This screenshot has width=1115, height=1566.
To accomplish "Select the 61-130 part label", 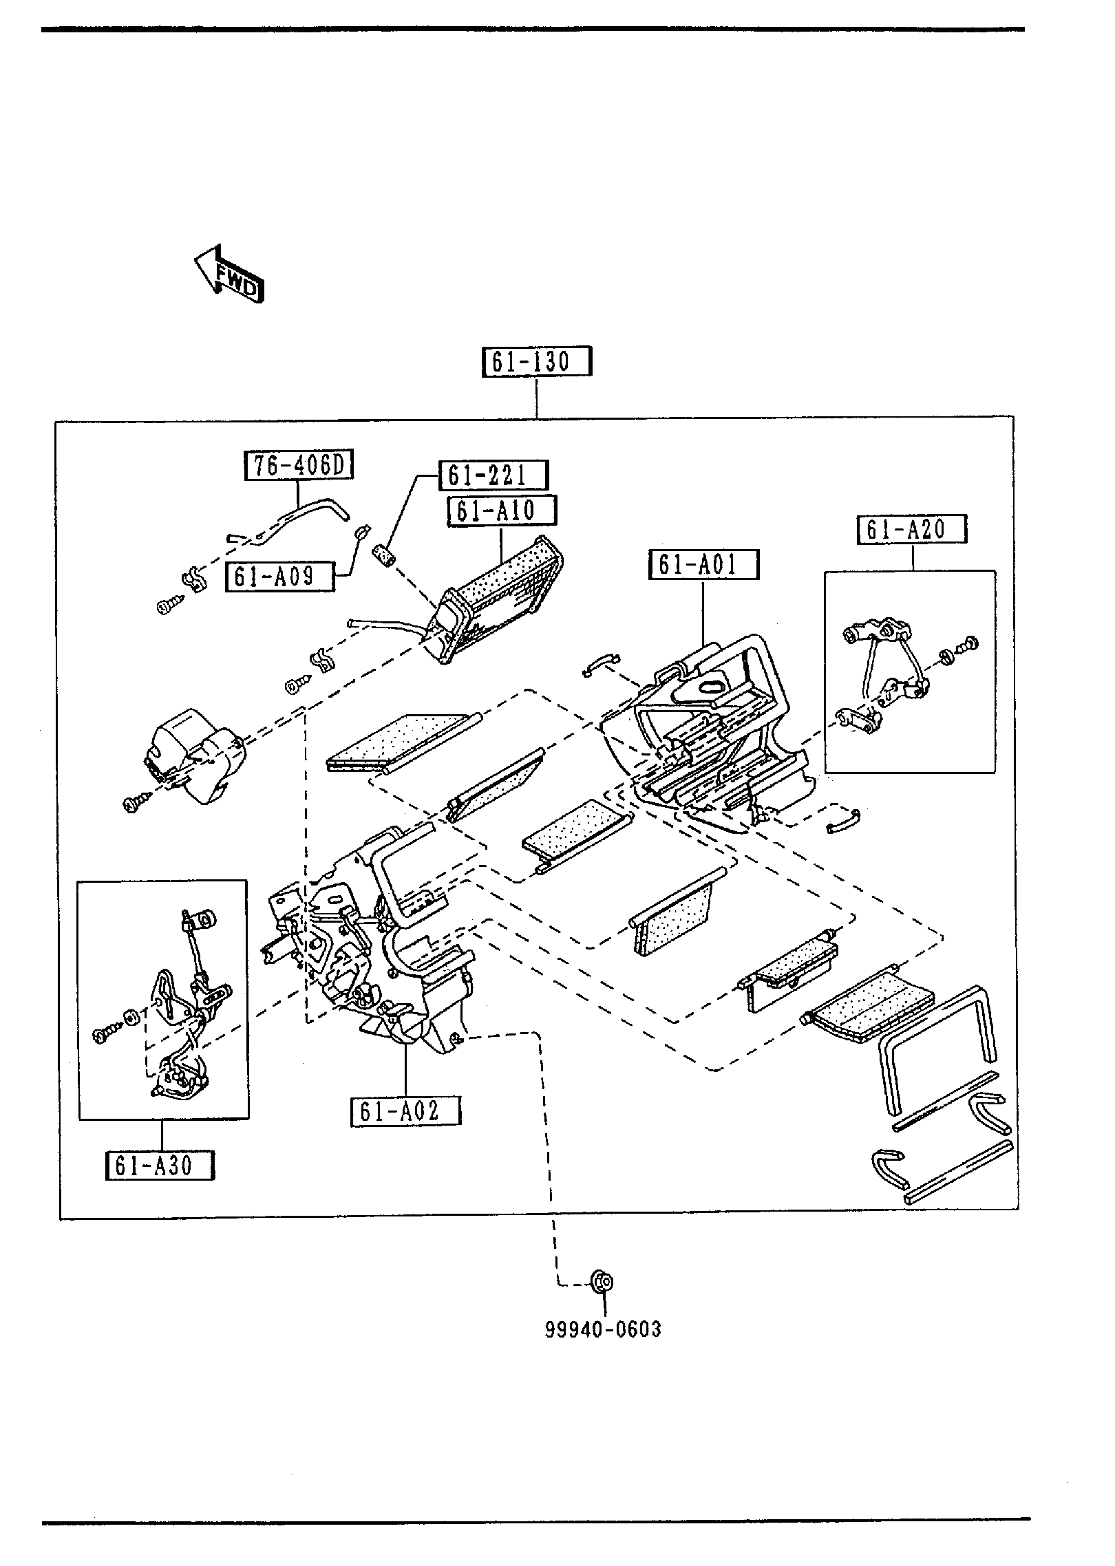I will [535, 362].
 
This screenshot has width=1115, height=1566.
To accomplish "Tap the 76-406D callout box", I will [299, 466].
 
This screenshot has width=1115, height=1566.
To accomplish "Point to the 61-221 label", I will [493, 475].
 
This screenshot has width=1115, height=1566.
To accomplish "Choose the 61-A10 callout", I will [502, 511].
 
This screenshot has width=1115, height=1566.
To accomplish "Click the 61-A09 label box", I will [279, 577].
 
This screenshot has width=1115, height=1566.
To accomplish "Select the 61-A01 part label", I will [703, 565].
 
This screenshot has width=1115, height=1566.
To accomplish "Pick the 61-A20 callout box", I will [911, 529].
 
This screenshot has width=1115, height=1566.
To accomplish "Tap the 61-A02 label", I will [405, 1111].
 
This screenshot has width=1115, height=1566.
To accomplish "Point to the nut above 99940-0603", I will [604, 1282].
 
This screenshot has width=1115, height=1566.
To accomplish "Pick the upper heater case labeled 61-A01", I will [709, 729].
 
